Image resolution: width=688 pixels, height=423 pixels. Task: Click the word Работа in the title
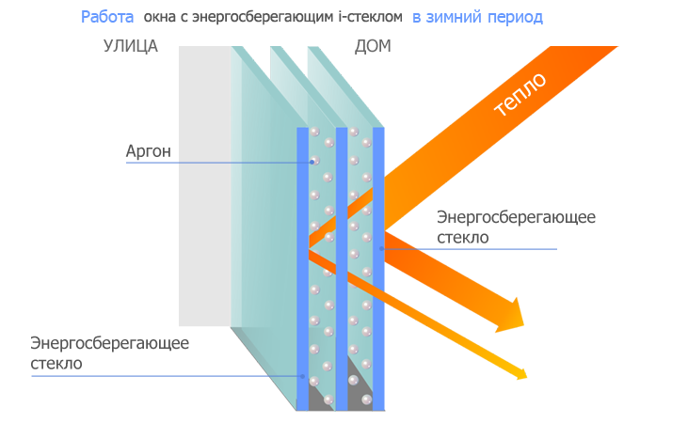click(107, 17)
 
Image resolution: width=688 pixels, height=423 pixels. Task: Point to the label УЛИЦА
click(130, 46)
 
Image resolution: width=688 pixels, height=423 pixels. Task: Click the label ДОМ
click(373, 46)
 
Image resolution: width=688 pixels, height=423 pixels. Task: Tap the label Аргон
click(149, 151)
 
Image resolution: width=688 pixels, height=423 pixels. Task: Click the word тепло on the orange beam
click(520, 94)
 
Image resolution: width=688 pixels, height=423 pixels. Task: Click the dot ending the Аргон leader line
click(312, 163)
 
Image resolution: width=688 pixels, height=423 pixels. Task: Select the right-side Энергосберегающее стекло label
click(516, 227)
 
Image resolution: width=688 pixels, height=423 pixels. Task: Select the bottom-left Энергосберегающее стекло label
click(110, 352)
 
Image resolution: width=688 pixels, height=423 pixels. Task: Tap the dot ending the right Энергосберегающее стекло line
click(382, 248)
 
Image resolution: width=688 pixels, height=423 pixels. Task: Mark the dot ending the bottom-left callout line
click(302, 376)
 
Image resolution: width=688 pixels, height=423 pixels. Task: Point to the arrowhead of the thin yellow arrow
click(521, 373)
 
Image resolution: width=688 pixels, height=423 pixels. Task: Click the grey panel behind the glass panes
click(205, 186)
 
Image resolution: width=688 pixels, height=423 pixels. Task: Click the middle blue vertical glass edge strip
click(342, 269)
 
